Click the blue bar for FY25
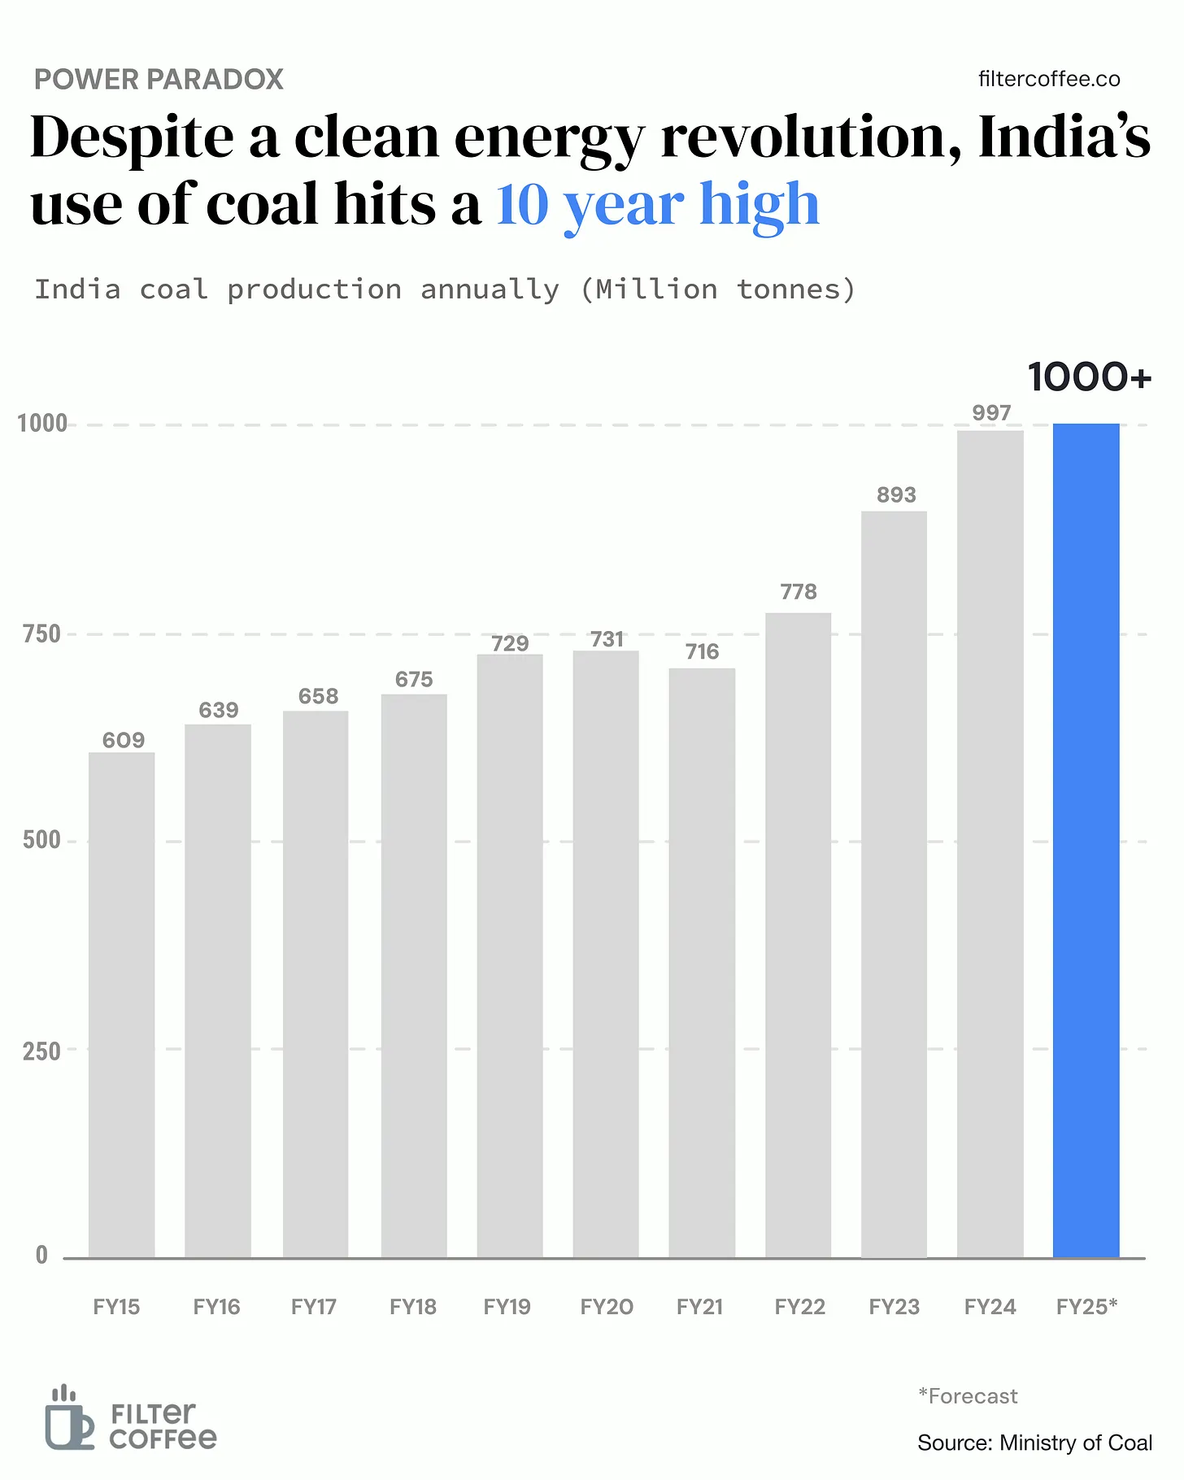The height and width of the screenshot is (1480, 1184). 1086,840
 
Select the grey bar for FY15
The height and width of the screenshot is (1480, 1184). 121,1005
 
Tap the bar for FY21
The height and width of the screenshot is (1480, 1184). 702,963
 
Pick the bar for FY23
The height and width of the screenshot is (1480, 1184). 894,885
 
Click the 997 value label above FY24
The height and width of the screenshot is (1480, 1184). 991,413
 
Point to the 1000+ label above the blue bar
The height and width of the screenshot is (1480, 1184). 1090,377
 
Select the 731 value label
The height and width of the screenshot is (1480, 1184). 607,639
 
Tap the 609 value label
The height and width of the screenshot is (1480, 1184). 124,740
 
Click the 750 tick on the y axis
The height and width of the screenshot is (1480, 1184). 42,634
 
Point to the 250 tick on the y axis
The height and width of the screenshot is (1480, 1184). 42,1051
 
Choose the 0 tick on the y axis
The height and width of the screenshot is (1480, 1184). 41,1256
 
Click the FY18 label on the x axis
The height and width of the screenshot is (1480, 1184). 413,1307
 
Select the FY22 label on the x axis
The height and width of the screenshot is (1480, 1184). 799,1307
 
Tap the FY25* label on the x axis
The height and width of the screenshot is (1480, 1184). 1087,1307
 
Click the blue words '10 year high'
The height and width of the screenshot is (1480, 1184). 658,205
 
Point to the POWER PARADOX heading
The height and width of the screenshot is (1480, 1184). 159,80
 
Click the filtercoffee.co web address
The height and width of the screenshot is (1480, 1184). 1049,79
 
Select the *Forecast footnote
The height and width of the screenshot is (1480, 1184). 968,1396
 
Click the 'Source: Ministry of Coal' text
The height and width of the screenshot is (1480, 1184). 1035,1443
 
